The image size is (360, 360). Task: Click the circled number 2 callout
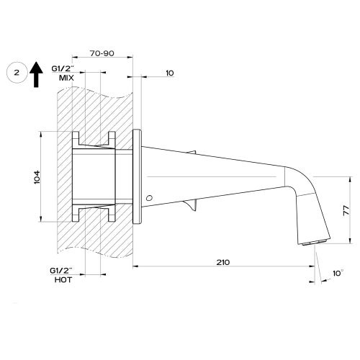point(15,73)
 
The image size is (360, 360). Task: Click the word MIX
point(67,77)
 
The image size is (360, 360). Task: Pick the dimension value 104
point(37,177)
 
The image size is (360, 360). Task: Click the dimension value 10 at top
point(168,74)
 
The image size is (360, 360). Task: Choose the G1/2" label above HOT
point(66,270)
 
